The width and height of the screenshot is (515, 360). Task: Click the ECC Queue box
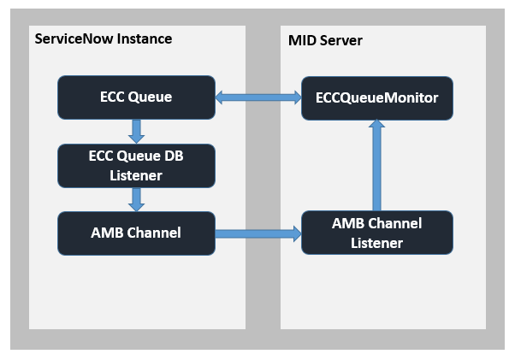tap(136, 97)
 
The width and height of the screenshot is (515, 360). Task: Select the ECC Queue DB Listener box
tap(136, 166)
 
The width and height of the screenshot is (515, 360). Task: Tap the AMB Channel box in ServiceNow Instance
tap(136, 233)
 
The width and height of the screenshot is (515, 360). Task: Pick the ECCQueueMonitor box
tap(377, 98)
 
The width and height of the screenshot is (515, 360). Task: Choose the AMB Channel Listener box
tap(377, 233)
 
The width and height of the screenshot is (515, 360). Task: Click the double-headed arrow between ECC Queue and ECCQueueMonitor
tap(258, 97)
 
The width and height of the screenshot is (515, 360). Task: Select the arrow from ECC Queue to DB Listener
tap(136, 132)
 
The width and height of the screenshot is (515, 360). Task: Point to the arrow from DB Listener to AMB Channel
tap(136, 199)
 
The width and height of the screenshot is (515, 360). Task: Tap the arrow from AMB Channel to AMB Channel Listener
tap(258, 233)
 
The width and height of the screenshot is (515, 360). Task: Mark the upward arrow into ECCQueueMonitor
tap(376, 165)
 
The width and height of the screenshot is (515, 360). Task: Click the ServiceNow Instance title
tap(104, 38)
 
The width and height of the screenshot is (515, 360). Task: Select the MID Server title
tap(325, 41)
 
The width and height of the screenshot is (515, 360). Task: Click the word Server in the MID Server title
tap(341, 41)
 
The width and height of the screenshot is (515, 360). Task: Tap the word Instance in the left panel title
tap(145, 38)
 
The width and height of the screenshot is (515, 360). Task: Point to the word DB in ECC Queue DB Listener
tap(174, 156)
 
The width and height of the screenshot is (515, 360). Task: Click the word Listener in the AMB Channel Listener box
tap(376, 243)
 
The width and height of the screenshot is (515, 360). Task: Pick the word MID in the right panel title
tap(302, 41)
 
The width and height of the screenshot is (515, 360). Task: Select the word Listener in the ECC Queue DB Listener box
tap(136, 175)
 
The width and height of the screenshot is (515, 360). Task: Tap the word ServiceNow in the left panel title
tap(74, 38)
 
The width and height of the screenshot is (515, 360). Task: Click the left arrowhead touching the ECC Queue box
tap(219, 97)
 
